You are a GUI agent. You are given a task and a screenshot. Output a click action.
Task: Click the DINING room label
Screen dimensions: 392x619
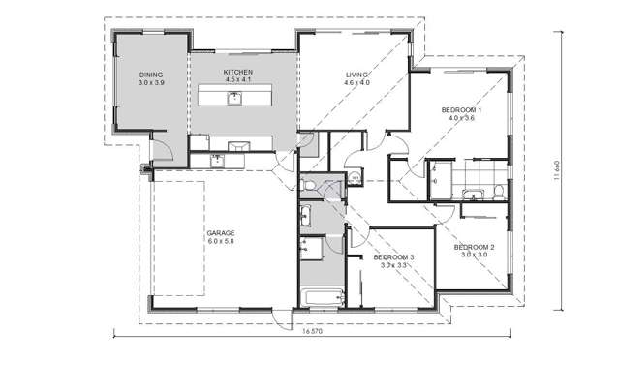[150, 75]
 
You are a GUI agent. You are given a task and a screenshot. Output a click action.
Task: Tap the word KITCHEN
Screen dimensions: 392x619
[237, 73]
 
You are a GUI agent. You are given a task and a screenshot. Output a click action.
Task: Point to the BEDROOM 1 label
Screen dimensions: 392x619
[461, 110]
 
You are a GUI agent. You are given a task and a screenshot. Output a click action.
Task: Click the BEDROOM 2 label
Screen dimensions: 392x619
[475, 247]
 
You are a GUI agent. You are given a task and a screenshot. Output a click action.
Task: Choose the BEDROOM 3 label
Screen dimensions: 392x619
[394, 256]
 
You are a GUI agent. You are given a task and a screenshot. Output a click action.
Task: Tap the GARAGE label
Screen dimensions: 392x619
[221, 233]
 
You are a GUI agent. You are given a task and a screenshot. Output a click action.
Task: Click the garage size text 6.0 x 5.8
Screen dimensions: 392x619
[221, 242]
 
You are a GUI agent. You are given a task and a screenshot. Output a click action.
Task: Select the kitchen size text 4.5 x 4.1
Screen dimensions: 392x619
[237, 81]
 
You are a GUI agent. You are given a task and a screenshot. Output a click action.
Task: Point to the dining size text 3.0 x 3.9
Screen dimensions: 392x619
[150, 83]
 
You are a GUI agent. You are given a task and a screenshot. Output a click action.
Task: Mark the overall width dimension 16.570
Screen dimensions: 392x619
[312, 332]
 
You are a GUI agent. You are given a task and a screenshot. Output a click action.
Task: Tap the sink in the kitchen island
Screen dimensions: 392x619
[234, 97]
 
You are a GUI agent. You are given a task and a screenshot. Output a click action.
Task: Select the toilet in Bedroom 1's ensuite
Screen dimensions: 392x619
[493, 188]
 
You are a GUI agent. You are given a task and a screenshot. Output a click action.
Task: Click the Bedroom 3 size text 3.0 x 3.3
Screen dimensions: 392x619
[394, 265]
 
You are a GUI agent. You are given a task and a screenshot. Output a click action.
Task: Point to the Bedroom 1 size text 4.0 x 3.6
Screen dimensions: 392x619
[461, 119]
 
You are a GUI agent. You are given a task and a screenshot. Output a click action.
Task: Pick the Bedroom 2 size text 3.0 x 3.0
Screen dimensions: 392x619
[475, 256]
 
